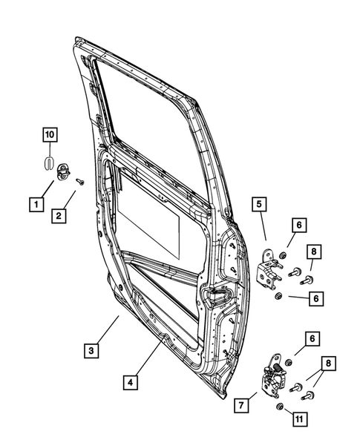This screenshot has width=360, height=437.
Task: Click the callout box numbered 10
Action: point(48,135)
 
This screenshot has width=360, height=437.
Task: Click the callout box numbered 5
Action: point(259,203)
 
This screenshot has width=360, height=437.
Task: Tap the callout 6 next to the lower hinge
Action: point(311,338)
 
